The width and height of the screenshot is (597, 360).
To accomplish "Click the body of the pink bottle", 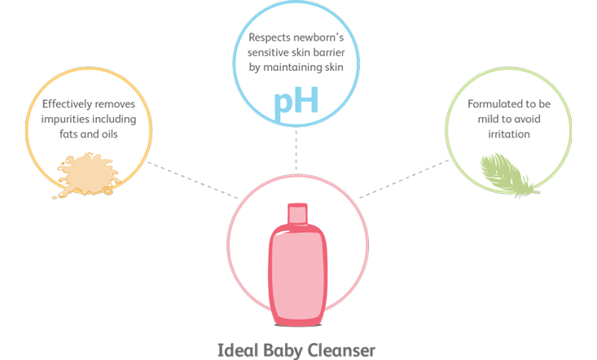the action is pos(297,269).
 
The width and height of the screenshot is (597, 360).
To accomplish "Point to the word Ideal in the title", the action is pos(236,351).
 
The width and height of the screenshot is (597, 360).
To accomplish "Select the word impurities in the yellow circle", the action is pos(67,118).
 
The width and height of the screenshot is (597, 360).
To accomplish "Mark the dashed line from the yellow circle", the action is pos(195,184).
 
